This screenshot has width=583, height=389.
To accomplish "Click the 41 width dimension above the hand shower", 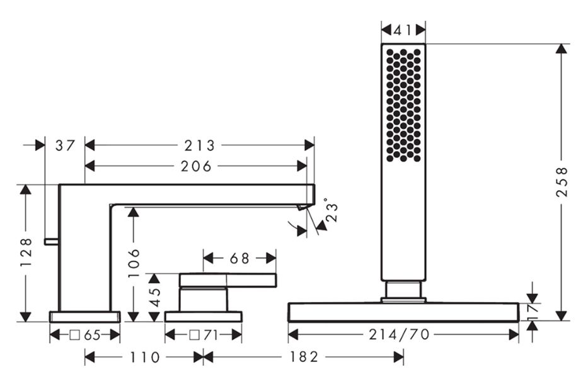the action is (403, 30).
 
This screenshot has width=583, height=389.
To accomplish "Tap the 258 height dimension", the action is (562, 182).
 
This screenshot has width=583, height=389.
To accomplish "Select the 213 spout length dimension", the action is (200, 145).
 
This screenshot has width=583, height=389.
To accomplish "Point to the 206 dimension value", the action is (196, 166).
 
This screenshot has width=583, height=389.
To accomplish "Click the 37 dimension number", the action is (65, 145).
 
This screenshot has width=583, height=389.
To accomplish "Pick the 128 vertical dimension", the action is (26, 252).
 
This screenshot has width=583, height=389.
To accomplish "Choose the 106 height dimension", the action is (134, 263).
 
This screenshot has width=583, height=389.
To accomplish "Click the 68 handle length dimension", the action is (240, 258).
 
